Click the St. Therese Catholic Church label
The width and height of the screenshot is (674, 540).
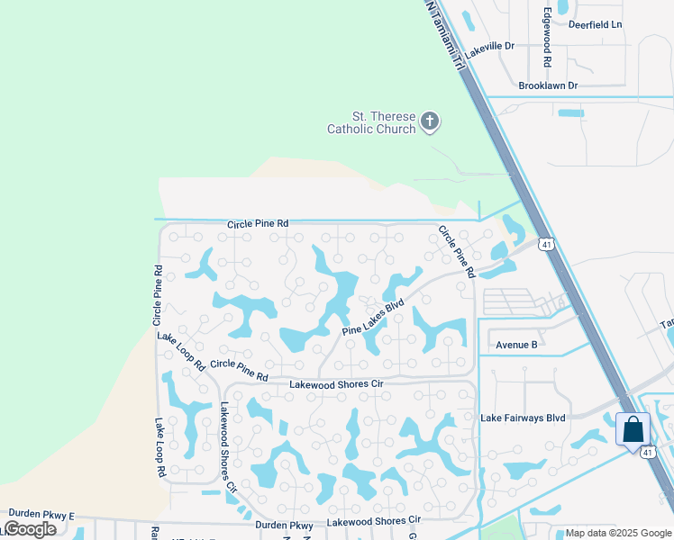pos(371,122)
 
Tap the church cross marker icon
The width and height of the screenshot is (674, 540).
pos(430,121)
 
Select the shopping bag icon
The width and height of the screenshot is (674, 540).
pos(633,428)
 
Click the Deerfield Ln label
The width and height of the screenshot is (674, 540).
pos(596,24)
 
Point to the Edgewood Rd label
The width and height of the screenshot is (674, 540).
pos(547,40)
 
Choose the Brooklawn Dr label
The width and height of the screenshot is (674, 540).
pos(548,85)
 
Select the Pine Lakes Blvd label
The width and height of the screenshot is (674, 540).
pos(373,318)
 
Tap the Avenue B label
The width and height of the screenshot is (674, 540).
pos(517,345)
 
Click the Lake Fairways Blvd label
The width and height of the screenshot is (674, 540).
pos(523,418)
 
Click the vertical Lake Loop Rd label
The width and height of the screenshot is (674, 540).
pos(159,447)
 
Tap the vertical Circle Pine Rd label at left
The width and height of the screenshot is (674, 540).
pos(158,295)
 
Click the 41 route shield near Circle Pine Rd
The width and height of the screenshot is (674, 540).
pos(545,244)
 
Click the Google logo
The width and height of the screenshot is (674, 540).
pos(29,529)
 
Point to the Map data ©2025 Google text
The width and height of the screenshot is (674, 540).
pos(616,533)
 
